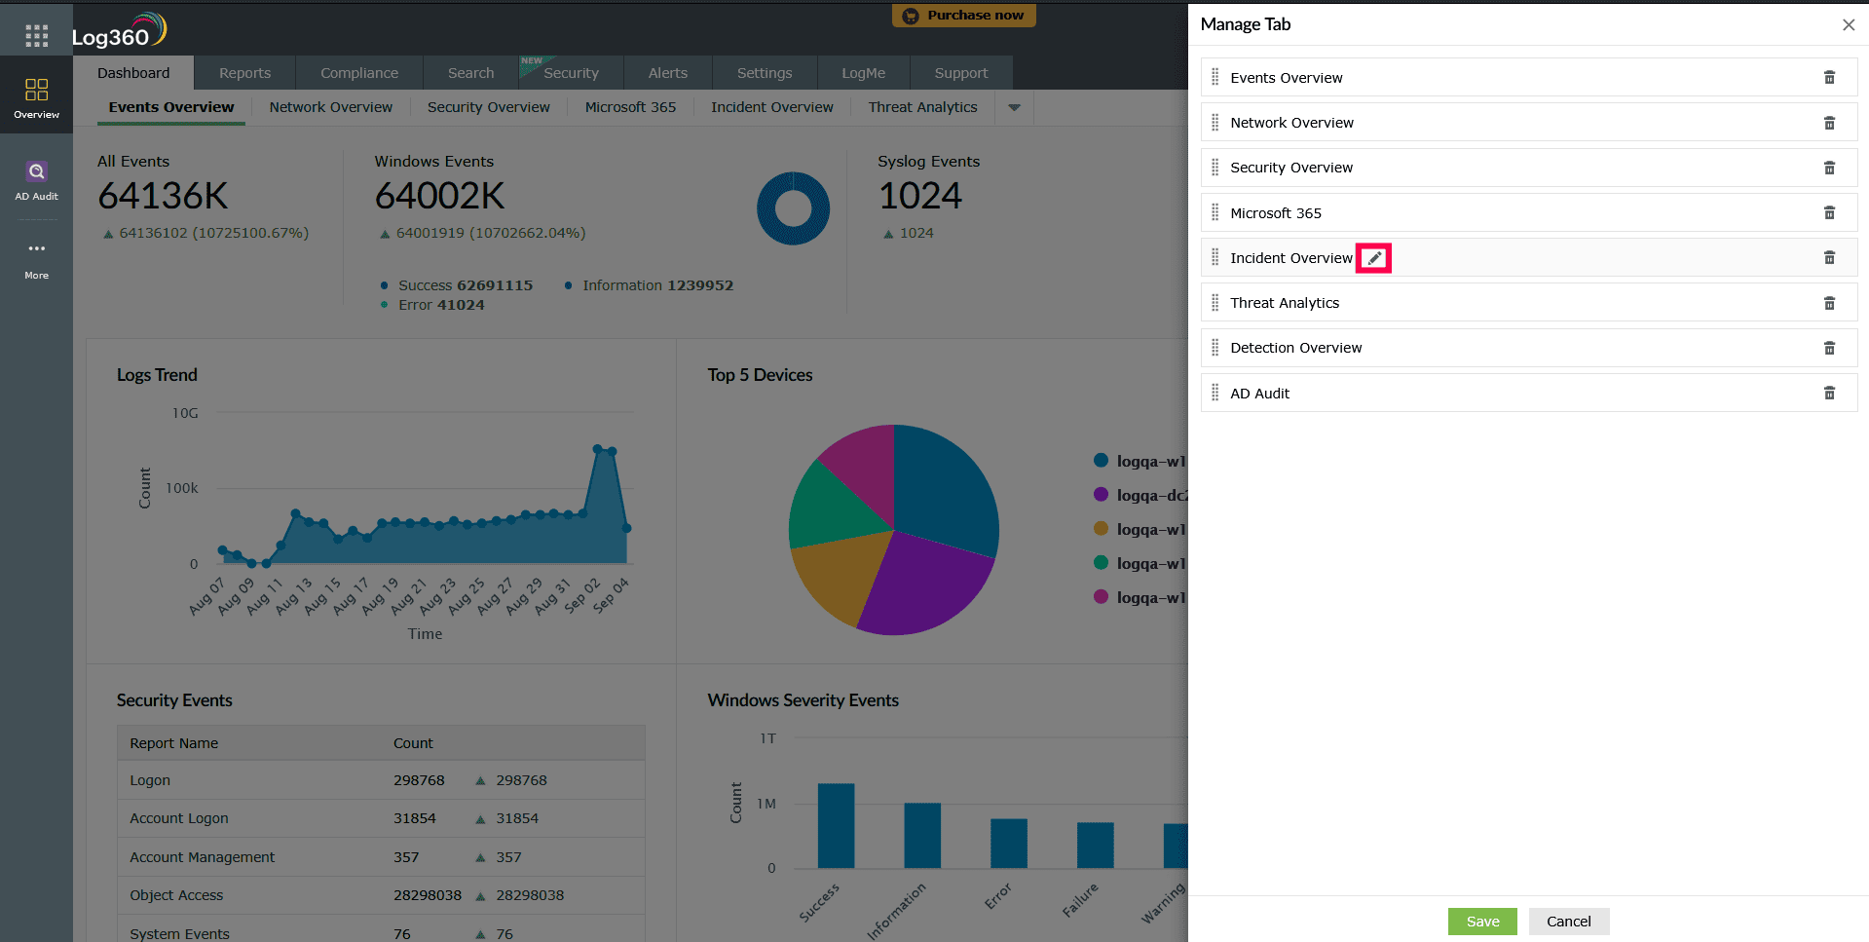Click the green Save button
click(x=1481, y=922)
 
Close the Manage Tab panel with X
click(x=1848, y=25)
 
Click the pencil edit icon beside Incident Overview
click(x=1373, y=258)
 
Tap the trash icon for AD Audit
click(x=1829, y=394)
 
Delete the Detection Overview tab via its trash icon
click(x=1829, y=348)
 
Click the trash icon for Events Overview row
click(x=1829, y=78)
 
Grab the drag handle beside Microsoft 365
click(x=1215, y=212)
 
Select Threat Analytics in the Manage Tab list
click(x=1284, y=303)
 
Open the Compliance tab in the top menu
click(x=359, y=73)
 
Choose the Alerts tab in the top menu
click(x=667, y=73)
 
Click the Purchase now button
click(x=963, y=16)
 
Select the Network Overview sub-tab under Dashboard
click(x=330, y=107)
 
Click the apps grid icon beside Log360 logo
click(x=36, y=36)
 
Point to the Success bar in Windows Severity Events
click(x=836, y=825)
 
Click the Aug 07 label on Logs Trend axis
click(x=207, y=596)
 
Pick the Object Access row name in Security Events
click(x=176, y=895)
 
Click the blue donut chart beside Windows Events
click(x=793, y=208)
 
